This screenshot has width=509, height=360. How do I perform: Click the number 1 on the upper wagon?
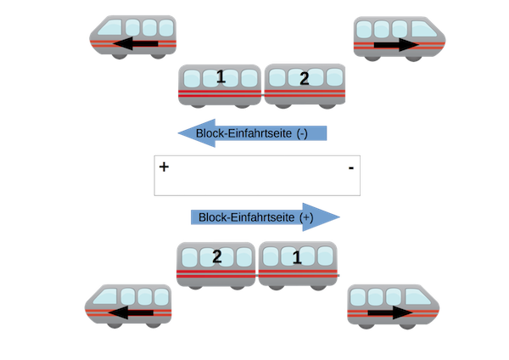coord(221,77)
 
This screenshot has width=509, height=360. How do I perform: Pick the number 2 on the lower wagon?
coord(217,256)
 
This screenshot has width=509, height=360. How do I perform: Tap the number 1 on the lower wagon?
coord(296,256)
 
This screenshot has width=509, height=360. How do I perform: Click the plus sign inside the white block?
coord(164,167)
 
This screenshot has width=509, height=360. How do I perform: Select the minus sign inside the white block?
coord(350,170)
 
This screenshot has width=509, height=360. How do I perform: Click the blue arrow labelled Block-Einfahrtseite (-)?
coord(250,133)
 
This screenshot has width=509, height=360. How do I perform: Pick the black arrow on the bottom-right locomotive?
coord(390,314)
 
